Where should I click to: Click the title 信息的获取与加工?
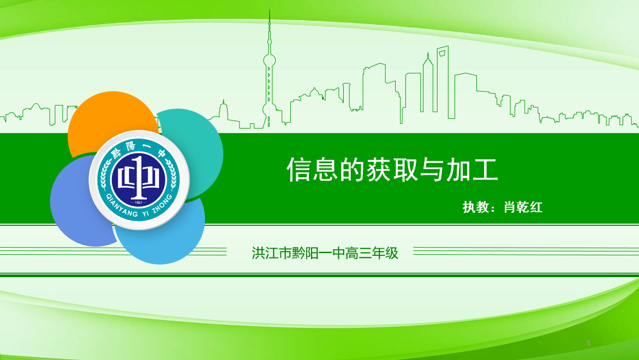[x=392, y=170]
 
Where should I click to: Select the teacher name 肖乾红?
[x=523, y=207]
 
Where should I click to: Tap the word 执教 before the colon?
[x=476, y=207]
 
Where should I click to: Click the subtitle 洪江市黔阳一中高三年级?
[x=325, y=253]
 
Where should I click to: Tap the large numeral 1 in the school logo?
[x=139, y=178]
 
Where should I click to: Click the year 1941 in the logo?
[x=139, y=202]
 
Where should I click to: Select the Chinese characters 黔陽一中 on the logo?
[x=139, y=149]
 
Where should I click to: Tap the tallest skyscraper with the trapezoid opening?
[x=443, y=81]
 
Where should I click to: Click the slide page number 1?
[x=588, y=343]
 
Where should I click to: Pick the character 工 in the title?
[x=485, y=170]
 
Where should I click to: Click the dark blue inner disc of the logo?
[x=139, y=178]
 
